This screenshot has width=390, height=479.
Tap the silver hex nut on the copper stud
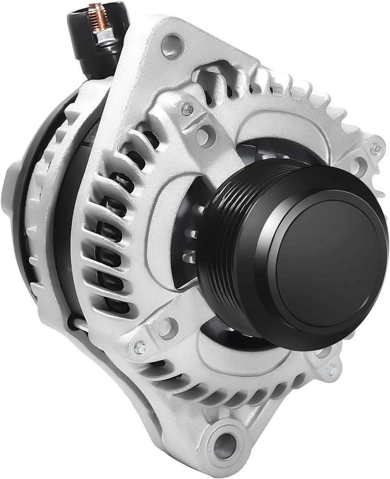click(105, 37)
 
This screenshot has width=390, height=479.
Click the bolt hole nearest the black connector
click(172, 45)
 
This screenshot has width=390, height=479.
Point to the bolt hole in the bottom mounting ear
click(225, 443)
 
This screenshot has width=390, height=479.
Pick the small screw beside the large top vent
click(188, 108)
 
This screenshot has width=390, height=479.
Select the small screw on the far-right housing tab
click(376, 149)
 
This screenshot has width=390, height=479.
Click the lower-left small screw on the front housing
click(140, 348)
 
